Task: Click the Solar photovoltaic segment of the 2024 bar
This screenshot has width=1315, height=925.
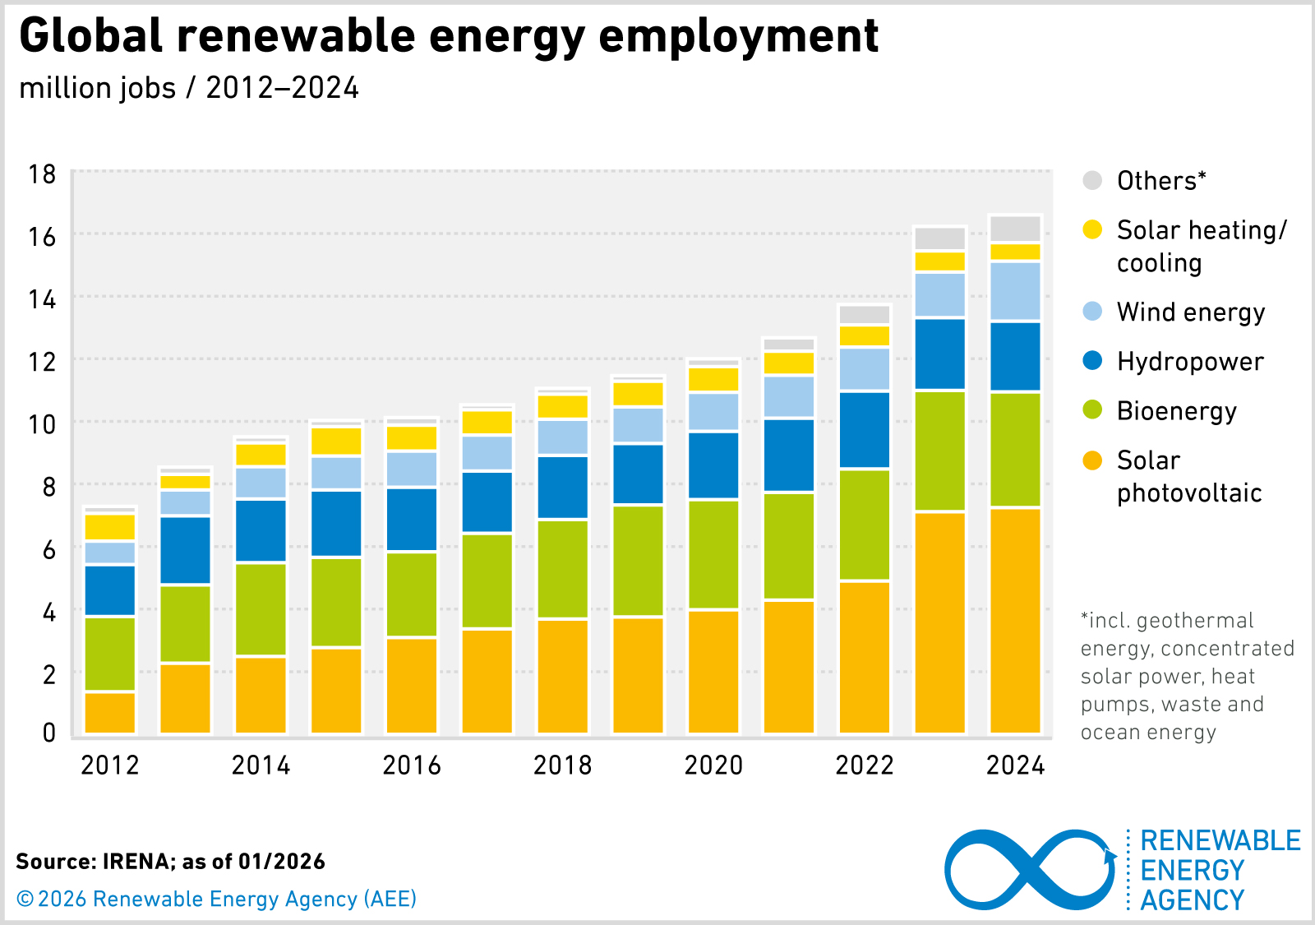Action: pos(1015,621)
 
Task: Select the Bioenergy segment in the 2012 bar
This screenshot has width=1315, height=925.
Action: pos(109,654)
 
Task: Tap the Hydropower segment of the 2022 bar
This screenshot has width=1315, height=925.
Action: pos(864,430)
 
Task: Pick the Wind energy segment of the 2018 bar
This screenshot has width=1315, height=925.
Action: pos(562,437)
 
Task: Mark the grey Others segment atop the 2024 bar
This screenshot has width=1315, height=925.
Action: pos(1015,229)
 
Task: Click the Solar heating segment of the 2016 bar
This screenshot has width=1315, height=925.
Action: pos(412,437)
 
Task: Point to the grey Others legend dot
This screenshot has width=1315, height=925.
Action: pos(1092,181)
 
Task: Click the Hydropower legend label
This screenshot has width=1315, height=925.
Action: pos(1189,362)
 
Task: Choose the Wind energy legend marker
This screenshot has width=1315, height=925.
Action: pos(1092,312)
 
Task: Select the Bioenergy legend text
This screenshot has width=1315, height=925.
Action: pos(1176,411)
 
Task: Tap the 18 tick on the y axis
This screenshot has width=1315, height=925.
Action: pos(42,174)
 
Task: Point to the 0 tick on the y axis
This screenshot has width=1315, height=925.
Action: pos(49,733)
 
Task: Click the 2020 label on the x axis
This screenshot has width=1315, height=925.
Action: pos(713,765)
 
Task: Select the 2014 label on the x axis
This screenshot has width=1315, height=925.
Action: pos(261,765)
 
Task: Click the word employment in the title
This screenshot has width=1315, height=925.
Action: pos(738,36)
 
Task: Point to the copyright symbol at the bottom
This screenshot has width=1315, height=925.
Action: pos(25,900)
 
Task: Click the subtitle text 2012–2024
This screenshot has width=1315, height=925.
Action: pos(282,88)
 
